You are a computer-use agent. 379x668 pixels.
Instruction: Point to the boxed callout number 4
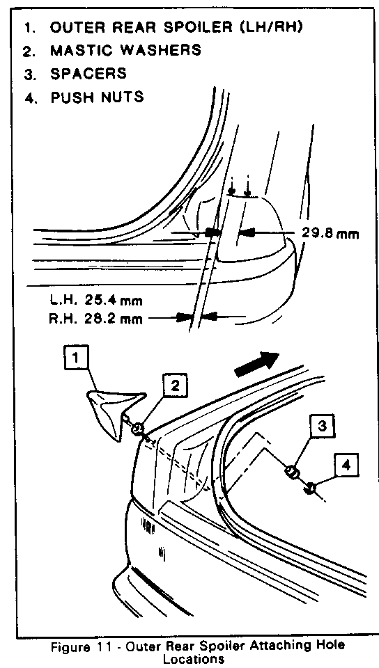click(346, 466)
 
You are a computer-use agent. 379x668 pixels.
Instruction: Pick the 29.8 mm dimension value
click(330, 233)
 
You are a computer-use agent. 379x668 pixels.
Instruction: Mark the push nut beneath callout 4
click(311, 487)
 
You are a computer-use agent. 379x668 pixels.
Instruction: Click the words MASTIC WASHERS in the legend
click(126, 50)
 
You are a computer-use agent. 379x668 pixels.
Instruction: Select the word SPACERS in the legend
click(88, 73)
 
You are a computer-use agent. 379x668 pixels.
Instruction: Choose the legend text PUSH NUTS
click(98, 97)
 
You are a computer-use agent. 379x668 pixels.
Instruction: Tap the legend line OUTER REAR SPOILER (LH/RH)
click(178, 27)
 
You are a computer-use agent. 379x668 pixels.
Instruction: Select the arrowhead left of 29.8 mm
click(247, 232)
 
